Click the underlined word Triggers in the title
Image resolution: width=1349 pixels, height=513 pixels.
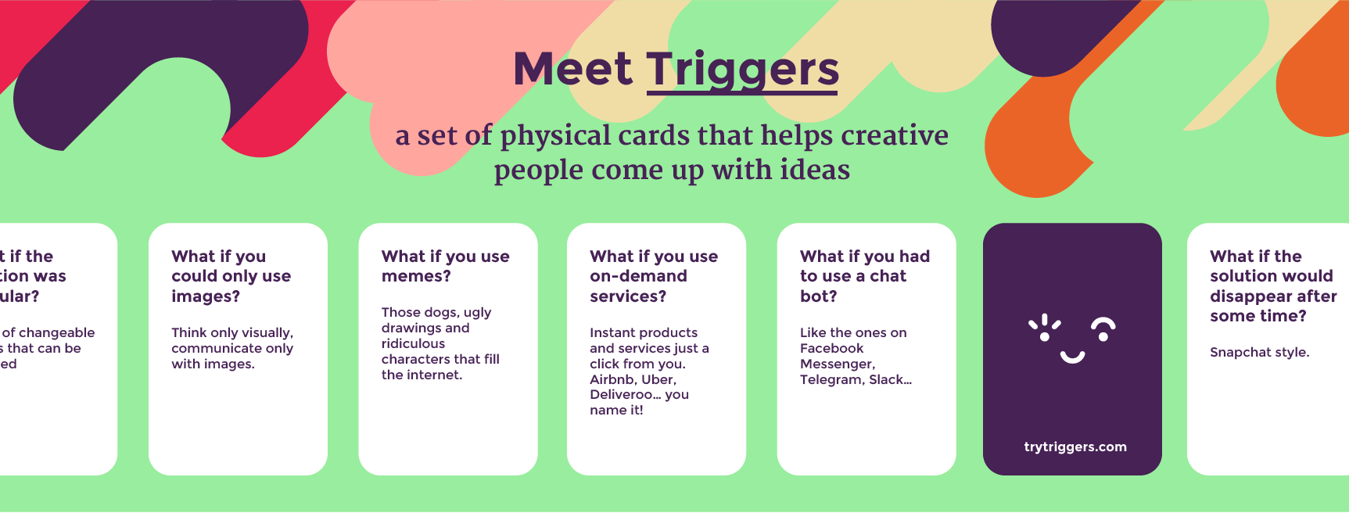[x=743, y=69]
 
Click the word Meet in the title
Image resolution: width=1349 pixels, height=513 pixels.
[x=572, y=69]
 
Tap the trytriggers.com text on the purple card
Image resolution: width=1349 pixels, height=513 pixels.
[x=1075, y=447]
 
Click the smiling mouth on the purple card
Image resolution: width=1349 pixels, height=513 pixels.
[x=1072, y=357]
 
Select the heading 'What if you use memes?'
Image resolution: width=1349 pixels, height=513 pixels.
[x=445, y=266]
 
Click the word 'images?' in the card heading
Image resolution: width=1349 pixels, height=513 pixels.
[x=206, y=296]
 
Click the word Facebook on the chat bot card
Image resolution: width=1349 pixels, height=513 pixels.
[x=831, y=348]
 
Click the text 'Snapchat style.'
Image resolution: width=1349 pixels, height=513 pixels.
[x=1259, y=352]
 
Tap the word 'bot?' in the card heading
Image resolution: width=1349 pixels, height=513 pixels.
[x=818, y=296]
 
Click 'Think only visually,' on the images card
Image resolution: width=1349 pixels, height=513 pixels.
[x=232, y=332]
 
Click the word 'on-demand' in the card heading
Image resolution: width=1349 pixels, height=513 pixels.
[x=638, y=276]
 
